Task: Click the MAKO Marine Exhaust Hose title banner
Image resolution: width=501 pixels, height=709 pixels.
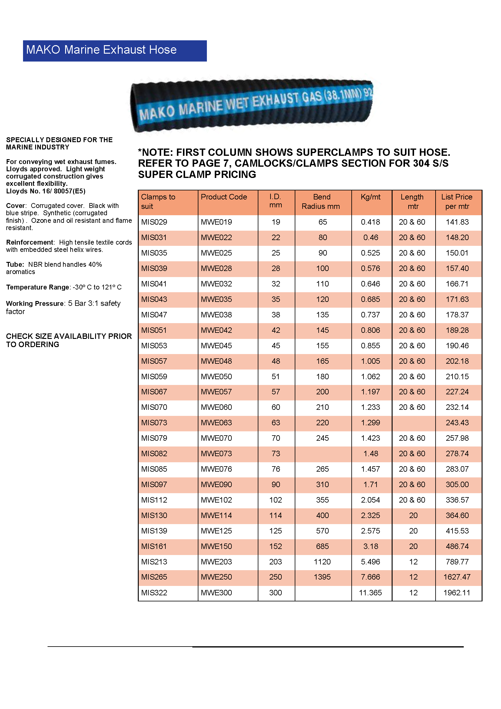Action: point(114,51)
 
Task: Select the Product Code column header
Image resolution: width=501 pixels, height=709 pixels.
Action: point(224,197)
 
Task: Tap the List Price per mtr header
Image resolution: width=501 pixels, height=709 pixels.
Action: point(456,202)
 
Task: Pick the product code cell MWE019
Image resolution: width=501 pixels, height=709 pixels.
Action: point(216,222)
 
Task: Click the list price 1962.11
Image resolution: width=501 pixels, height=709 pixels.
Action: point(456,593)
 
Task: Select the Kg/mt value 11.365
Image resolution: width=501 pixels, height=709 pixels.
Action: point(370,593)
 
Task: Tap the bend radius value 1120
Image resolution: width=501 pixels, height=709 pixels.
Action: point(322,562)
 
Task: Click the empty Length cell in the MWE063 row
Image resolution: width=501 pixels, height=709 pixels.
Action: point(413,423)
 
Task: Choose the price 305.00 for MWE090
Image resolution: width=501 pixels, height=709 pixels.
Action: point(457,484)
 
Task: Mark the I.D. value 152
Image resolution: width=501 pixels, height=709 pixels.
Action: point(275,546)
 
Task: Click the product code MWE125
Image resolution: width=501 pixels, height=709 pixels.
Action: point(216,531)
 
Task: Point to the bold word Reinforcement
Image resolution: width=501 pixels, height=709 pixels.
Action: point(30,242)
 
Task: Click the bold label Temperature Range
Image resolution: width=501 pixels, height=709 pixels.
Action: point(38,287)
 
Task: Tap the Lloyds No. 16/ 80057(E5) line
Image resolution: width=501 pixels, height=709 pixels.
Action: point(46,191)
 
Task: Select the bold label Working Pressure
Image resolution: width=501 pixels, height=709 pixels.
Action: point(35,303)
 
